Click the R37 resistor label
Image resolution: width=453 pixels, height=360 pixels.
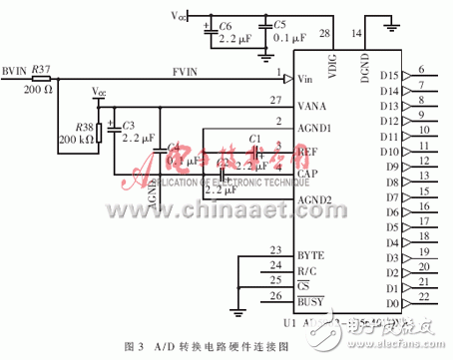pos(41,68)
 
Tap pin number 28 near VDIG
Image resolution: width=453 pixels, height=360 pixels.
pos(323,33)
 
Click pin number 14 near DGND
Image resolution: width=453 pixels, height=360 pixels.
pos(357,33)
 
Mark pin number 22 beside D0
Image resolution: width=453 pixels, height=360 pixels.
pos(423,296)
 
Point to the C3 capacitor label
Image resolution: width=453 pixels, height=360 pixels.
pos(128,125)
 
